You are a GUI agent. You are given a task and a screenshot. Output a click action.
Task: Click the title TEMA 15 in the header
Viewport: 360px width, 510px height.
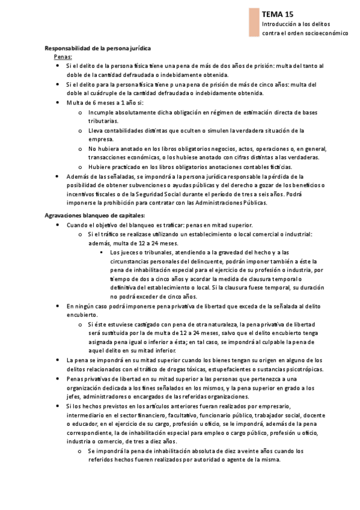pyautogui.click(x=278, y=13)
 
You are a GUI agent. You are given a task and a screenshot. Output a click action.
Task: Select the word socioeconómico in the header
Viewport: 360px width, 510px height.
pyautogui.click(x=326, y=33)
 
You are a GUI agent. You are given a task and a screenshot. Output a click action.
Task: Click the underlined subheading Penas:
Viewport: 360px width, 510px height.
pyautogui.click(x=63, y=56)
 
